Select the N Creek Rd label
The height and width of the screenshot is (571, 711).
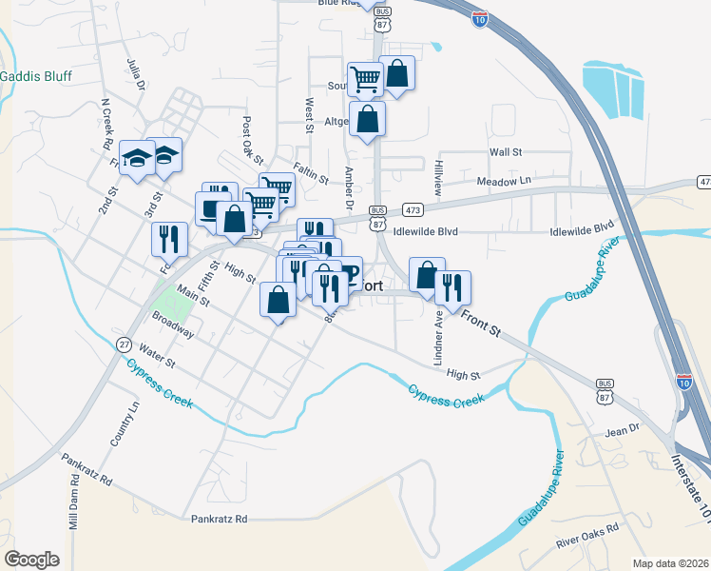click(x=106, y=124)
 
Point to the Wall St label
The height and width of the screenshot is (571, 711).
click(x=506, y=152)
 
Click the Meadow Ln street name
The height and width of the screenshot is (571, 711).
click(x=504, y=181)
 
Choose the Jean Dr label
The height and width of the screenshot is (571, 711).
click(x=623, y=431)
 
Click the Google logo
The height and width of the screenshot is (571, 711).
click(x=31, y=560)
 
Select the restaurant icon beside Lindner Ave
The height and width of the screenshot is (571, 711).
click(x=453, y=288)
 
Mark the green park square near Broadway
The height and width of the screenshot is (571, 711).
click(x=165, y=303)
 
